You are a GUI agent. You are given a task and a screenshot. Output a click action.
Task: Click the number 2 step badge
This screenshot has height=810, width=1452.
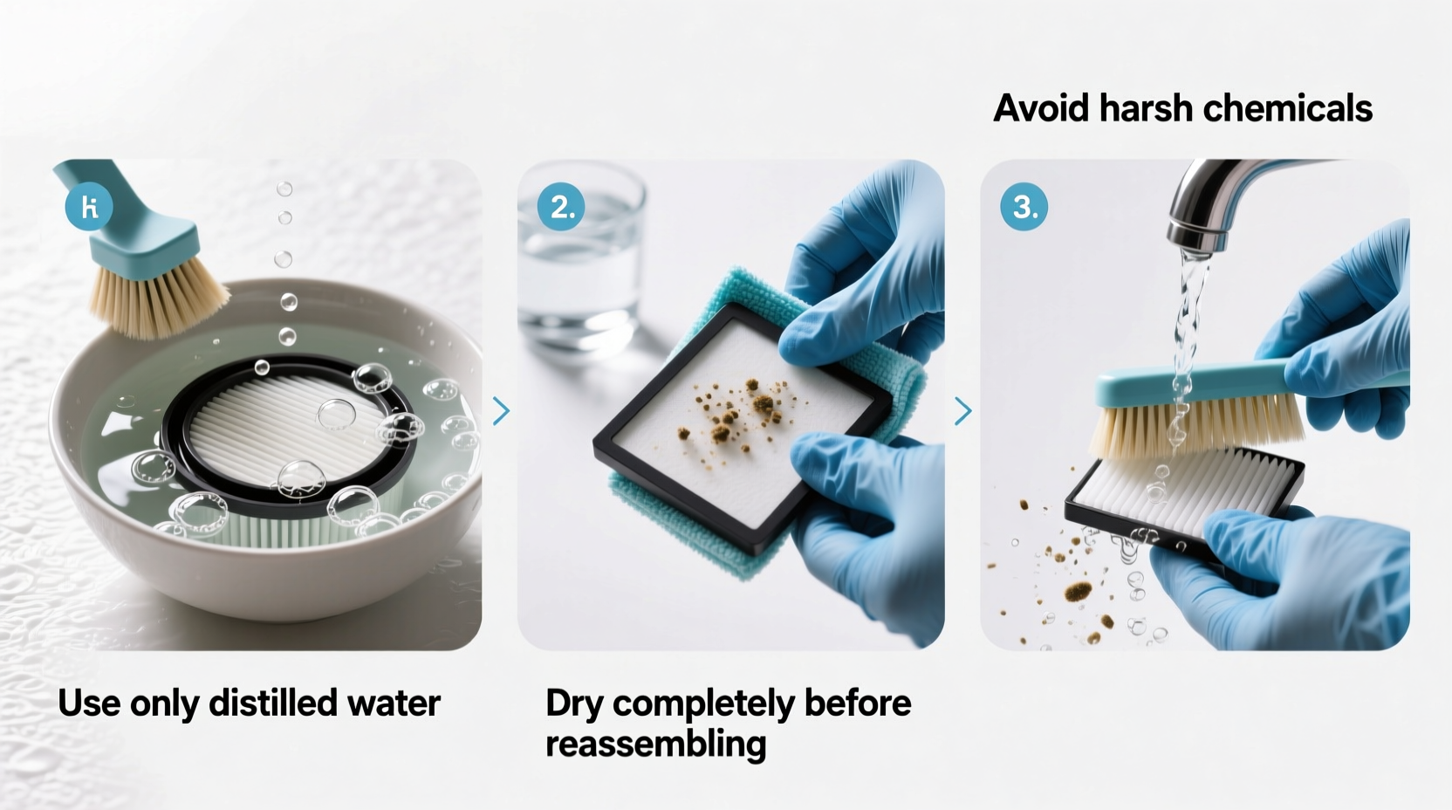[560, 207]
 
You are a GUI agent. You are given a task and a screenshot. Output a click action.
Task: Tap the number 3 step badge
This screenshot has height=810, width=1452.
[1024, 207]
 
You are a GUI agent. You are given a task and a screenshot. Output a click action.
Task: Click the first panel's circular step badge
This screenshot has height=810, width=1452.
[88, 207]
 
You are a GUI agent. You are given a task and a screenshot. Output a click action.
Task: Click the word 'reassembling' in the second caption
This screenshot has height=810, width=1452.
[655, 744]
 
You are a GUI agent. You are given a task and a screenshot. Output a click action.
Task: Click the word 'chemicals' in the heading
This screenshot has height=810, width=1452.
[1287, 108]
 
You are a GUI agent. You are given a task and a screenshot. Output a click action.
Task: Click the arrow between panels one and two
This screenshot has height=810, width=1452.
[501, 410]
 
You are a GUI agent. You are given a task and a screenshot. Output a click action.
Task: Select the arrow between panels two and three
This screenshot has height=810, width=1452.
[962, 410]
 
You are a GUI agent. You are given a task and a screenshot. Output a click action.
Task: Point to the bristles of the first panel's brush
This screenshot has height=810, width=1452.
[157, 301]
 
